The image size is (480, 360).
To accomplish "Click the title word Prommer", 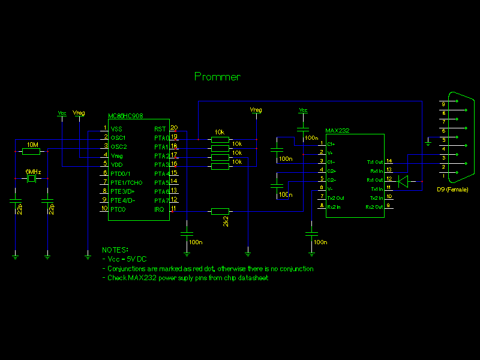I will coord(217,77).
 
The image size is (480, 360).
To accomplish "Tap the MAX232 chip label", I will coord(337,130).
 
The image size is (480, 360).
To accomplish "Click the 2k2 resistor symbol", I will coord(220,211).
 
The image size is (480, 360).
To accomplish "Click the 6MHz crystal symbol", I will coord(32,179).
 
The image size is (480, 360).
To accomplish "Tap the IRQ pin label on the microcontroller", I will coord(159,209).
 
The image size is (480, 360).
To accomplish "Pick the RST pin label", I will coord(160,128).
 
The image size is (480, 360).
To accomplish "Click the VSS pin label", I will coord(116,128).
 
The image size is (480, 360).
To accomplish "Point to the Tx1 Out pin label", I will coord(374,162).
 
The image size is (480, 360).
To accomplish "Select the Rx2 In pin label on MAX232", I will coord(335,206).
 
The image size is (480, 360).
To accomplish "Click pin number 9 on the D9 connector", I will coord(443,104).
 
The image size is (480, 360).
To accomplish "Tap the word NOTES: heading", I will coord(115,250).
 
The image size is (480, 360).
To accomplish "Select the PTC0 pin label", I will coord(118,209).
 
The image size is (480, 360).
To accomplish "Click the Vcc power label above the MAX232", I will coord(303,110).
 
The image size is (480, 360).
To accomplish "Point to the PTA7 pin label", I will coord(161,200).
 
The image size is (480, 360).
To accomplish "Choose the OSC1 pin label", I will coord(118,137).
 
